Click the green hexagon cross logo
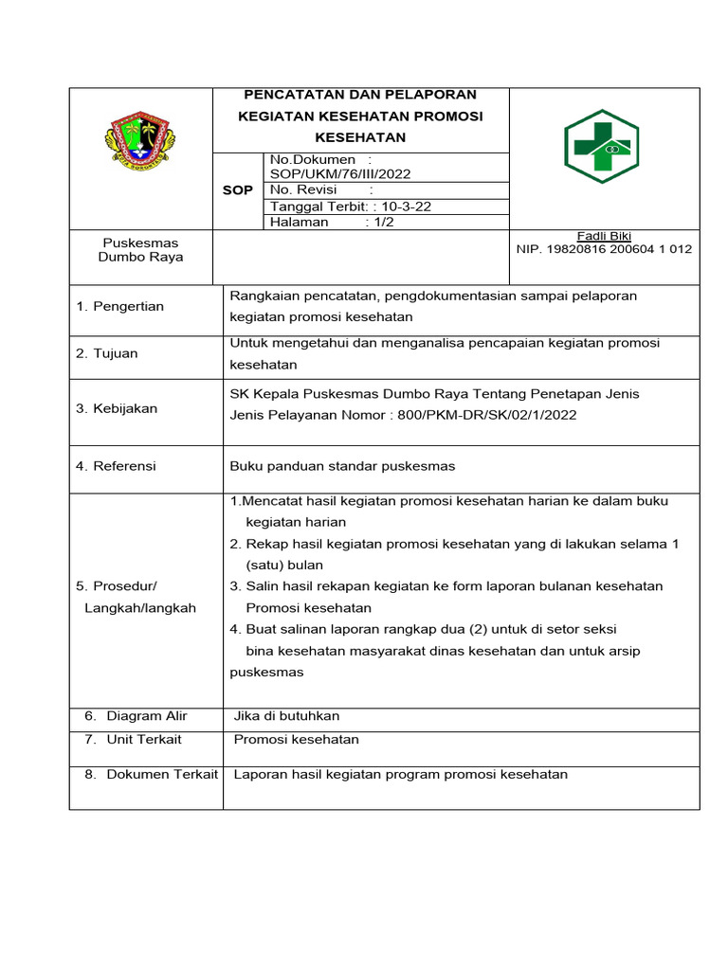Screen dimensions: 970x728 point(601,146)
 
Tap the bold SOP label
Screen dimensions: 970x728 point(237,190)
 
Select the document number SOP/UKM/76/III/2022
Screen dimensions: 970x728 point(340,174)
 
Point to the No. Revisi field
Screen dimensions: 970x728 point(304,190)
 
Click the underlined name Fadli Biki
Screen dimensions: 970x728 point(604,236)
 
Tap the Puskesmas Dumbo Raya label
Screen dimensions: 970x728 point(141,250)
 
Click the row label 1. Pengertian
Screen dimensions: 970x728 point(119,306)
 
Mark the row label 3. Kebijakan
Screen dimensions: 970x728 point(117,409)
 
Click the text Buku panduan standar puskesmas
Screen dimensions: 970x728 point(342,466)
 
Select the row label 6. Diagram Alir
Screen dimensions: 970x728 point(136,716)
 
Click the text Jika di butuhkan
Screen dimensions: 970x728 point(286,716)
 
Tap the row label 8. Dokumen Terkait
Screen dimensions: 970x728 point(150,775)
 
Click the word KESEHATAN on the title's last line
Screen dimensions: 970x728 point(360,137)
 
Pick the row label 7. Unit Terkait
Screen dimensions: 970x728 point(134,740)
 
